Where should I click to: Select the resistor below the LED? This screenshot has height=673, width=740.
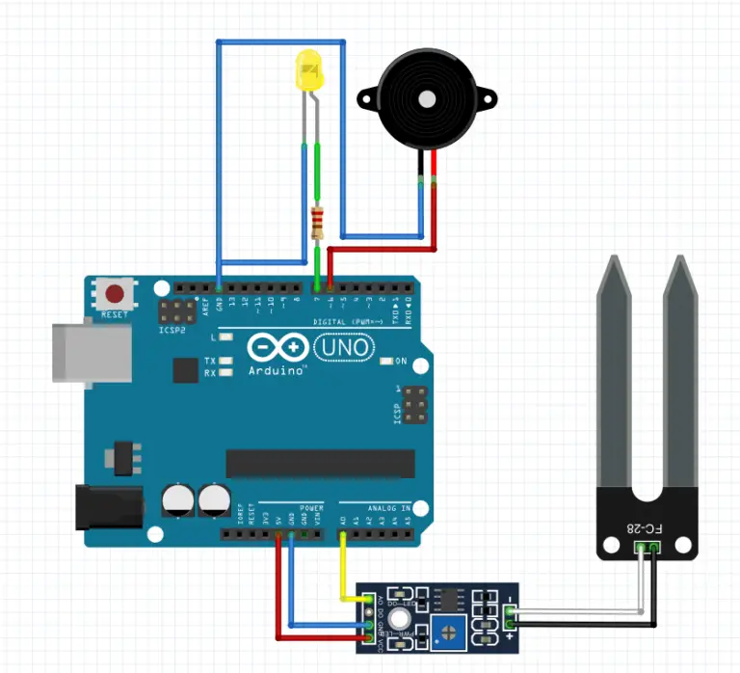pos(318,224)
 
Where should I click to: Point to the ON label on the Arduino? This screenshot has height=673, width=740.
pos(401,362)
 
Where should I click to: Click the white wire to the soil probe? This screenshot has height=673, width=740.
pos(578,611)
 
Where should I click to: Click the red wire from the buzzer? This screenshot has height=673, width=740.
pos(435,207)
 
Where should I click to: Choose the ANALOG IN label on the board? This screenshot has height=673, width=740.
pos(389,507)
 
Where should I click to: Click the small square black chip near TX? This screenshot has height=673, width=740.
pos(185,370)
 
